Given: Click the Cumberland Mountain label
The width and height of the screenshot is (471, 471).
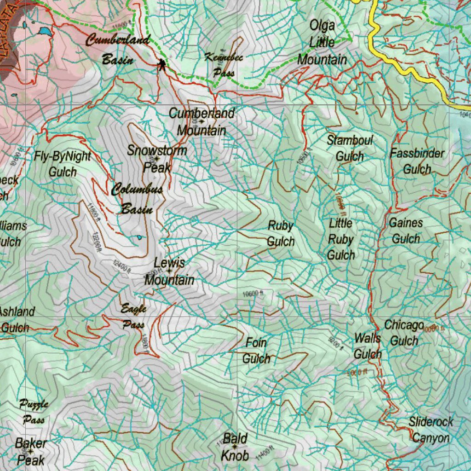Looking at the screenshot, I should click(201, 122).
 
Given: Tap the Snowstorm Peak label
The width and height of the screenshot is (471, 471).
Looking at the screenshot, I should click(157, 159).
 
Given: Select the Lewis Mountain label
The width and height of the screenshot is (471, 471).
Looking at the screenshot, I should click(169, 271).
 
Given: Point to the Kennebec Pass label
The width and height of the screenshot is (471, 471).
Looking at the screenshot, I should click(224, 64).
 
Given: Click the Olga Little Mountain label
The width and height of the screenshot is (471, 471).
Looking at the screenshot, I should click(322, 42).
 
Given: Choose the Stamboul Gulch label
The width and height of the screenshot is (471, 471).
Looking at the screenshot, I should click(350, 148).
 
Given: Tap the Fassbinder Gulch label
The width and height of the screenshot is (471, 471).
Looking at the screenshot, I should click(417, 161).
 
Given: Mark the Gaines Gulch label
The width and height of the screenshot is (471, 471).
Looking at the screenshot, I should click(406, 231).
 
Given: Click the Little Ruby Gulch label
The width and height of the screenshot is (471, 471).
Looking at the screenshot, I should click(341, 239).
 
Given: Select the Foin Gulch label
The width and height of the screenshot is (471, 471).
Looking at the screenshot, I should click(256, 350).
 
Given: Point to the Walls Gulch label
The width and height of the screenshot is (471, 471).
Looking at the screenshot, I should click(368, 346).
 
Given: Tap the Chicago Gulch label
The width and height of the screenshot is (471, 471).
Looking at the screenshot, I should click(404, 333).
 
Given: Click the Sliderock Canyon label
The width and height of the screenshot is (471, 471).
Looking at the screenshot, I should click(431, 430).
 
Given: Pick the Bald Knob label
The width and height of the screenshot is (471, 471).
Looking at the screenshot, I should click(235, 447).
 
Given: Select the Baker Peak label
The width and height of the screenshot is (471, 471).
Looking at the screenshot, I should click(31, 452).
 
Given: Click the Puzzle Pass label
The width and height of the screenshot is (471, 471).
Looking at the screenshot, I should click(34, 412).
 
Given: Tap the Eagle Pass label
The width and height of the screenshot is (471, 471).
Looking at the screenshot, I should click(133, 316).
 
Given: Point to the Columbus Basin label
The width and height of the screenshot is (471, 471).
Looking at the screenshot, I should click(137, 199).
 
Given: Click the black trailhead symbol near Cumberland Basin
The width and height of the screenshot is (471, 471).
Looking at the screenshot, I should click(161, 65).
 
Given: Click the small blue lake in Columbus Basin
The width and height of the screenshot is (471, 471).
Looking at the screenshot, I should click(139, 238).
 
